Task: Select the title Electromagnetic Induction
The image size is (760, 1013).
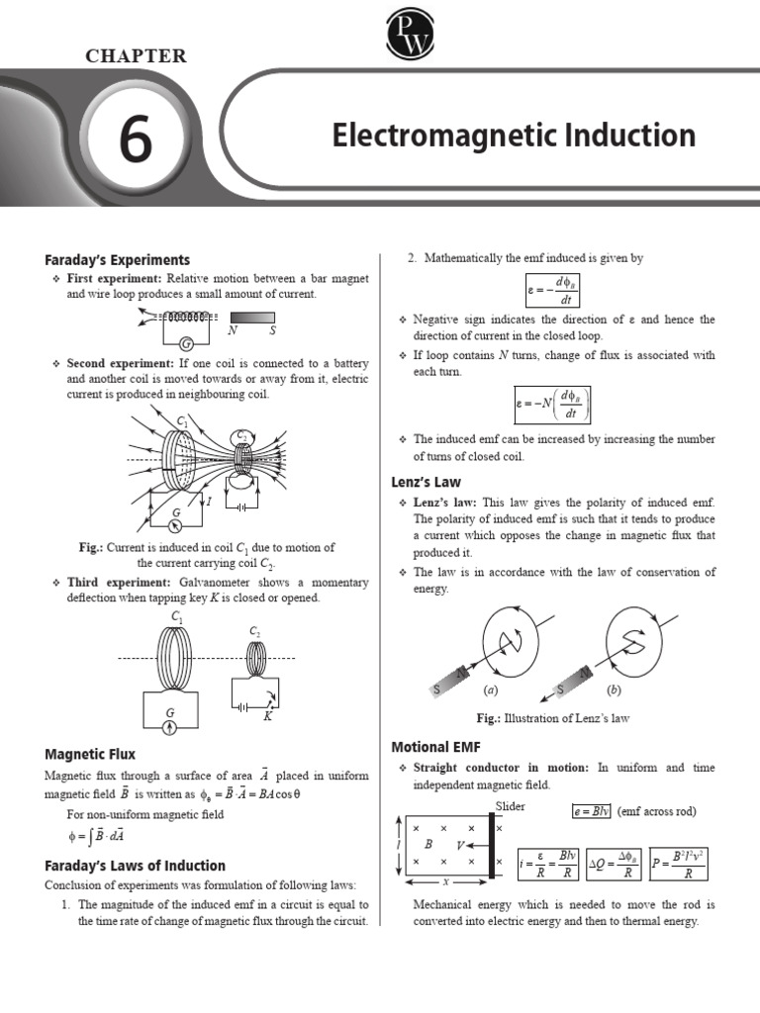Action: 513,136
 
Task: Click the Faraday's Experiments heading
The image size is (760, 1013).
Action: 117,260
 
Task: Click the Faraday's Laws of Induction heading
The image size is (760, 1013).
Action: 135,865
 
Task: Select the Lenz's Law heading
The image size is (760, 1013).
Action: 427,483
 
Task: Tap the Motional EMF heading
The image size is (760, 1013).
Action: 436,746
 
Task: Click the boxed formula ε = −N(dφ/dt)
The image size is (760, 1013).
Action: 552,404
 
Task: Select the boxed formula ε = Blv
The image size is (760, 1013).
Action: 591,812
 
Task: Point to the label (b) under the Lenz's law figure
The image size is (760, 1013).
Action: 615,690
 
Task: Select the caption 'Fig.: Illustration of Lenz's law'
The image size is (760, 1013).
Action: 553,718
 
